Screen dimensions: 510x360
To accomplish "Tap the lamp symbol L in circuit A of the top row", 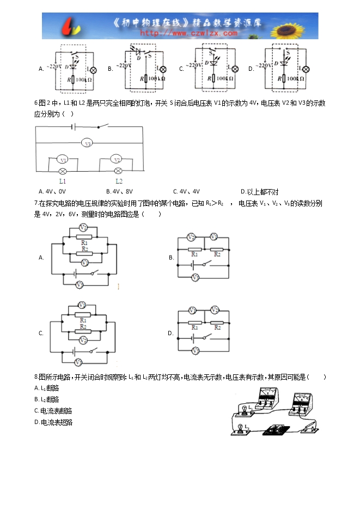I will [93, 70].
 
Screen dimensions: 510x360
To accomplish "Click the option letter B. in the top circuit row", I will [110, 69].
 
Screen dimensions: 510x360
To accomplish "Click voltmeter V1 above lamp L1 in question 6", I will [63, 160].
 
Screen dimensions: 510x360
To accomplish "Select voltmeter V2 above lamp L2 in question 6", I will [115, 160].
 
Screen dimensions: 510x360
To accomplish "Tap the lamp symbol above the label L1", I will [63, 171].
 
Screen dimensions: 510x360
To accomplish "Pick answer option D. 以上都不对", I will [260, 191].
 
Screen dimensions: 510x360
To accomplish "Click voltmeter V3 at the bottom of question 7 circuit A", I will [80, 284].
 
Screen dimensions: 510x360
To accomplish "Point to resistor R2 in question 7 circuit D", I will [217, 327].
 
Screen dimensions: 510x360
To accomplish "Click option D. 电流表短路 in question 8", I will [53, 422].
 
